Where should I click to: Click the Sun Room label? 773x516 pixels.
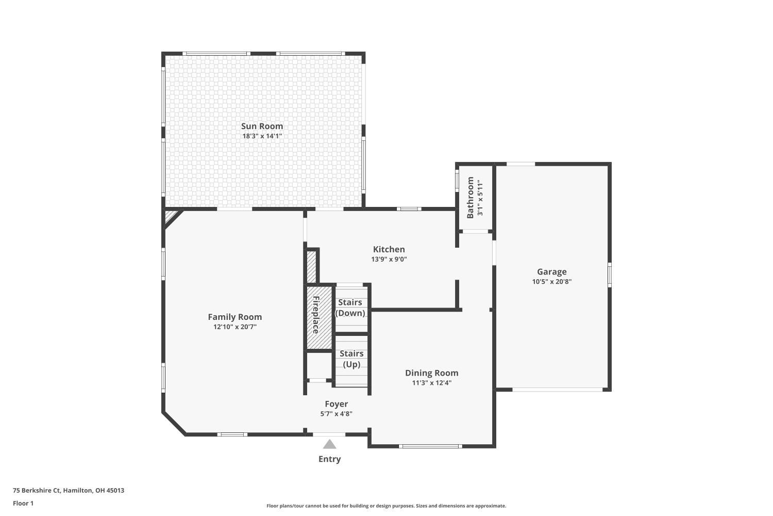click(262, 126)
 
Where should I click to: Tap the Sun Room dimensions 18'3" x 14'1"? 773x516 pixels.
click(262, 136)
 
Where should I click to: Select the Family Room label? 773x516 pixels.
click(234, 317)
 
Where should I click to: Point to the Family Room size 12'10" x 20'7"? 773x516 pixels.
click(234, 327)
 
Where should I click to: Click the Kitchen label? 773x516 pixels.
click(389, 249)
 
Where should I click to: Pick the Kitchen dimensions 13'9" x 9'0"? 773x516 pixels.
click(389, 260)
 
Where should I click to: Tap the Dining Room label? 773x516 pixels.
click(431, 373)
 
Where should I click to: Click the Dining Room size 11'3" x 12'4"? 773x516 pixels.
click(431, 383)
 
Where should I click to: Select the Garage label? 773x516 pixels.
click(551, 271)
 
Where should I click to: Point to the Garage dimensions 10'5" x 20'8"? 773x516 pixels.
click(551, 282)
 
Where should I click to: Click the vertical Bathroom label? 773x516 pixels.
click(470, 198)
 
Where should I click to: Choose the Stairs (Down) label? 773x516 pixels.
click(350, 308)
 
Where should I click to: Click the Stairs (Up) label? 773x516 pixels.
click(351, 359)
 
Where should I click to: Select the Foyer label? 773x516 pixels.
click(336, 404)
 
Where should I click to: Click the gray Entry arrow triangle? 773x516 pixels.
click(329, 445)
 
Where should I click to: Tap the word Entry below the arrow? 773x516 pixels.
click(329, 459)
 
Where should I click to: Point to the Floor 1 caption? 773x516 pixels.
click(23, 503)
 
